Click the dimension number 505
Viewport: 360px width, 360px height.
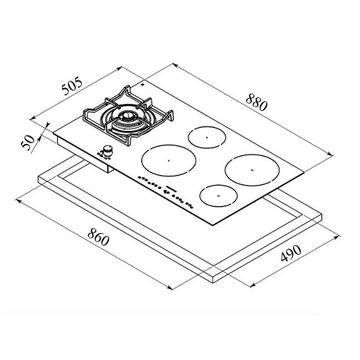point(72,86)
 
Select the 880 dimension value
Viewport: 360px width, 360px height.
point(257,102)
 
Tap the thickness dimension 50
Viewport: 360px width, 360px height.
point(28,142)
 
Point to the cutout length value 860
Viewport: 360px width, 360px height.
point(98,237)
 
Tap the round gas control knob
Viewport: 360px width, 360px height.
point(108,150)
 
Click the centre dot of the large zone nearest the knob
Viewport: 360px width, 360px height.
point(168,160)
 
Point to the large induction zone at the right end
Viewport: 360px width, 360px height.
point(252,170)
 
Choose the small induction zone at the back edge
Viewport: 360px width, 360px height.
point(207,137)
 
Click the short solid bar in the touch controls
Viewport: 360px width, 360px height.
point(170,188)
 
